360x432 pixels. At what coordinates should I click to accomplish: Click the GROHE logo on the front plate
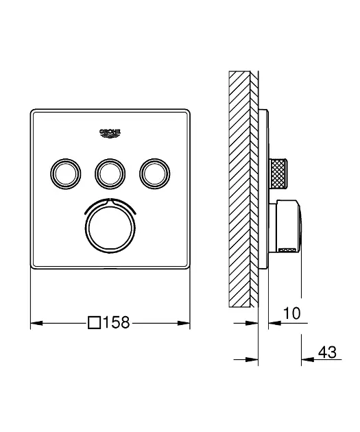point(110,133)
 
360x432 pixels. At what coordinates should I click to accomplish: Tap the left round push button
point(66,174)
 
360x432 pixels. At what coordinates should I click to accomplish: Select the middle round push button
point(110,174)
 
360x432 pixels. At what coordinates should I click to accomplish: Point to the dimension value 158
point(117,322)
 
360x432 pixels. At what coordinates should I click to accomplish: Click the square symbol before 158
point(94,322)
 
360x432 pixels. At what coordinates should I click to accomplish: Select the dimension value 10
point(291,313)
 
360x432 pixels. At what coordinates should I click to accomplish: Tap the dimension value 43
point(327,352)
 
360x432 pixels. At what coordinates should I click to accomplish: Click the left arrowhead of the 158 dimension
point(36,323)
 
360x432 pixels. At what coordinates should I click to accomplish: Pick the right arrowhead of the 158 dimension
point(184,323)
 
